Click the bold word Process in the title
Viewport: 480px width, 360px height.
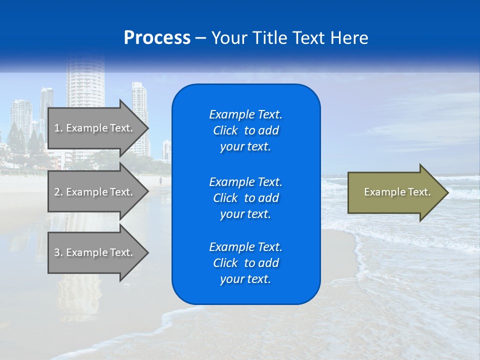[x=157, y=38]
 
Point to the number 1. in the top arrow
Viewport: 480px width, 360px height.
[x=58, y=128]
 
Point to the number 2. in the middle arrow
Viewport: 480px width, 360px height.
[x=58, y=192]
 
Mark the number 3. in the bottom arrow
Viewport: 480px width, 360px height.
[x=58, y=252]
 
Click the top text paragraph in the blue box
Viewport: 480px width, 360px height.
[x=245, y=130]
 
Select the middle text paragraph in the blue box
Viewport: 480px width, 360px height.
[x=245, y=198]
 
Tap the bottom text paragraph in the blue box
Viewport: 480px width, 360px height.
[x=245, y=263]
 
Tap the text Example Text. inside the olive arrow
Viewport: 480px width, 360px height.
[x=397, y=192]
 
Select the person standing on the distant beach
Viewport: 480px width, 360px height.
[x=160, y=179]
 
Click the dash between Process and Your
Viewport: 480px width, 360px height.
[x=201, y=38]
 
